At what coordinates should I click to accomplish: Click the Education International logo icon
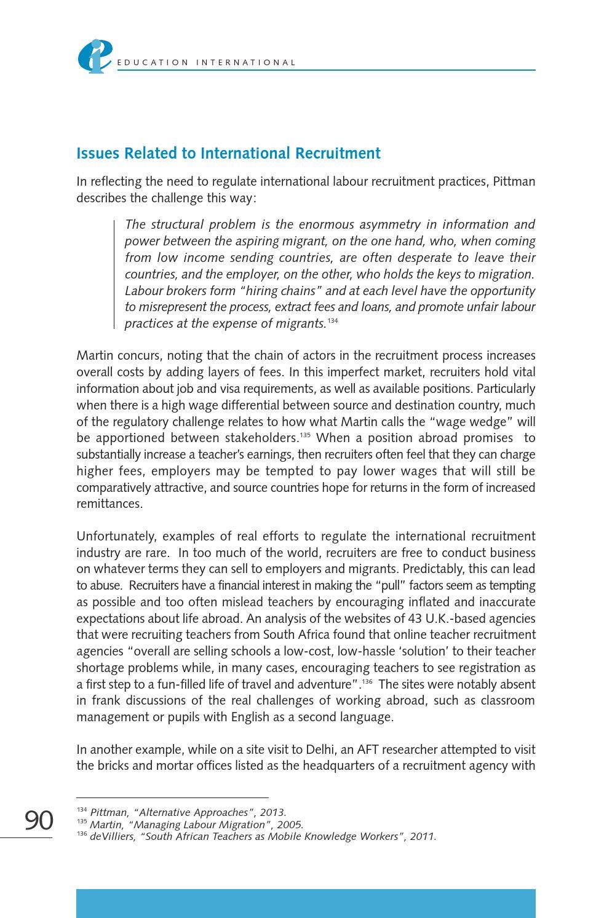pyautogui.click(x=94, y=56)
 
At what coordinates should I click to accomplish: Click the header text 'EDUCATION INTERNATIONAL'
pyautogui.click(x=206, y=63)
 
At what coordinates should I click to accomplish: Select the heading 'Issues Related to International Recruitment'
pyautogui.click(x=228, y=153)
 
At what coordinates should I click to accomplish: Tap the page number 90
pyautogui.click(x=39, y=820)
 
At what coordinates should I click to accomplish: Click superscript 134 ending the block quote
pyautogui.click(x=333, y=321)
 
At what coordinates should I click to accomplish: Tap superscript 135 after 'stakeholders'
pyautogui.click(x=304, y=435)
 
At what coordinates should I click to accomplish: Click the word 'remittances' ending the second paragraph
pyautogui.click(x=109, y=504)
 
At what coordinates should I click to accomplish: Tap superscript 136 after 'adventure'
pyautogui.click(x=367, y=682)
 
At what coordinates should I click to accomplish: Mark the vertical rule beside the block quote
pyautogui.click(x=114, y=274)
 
